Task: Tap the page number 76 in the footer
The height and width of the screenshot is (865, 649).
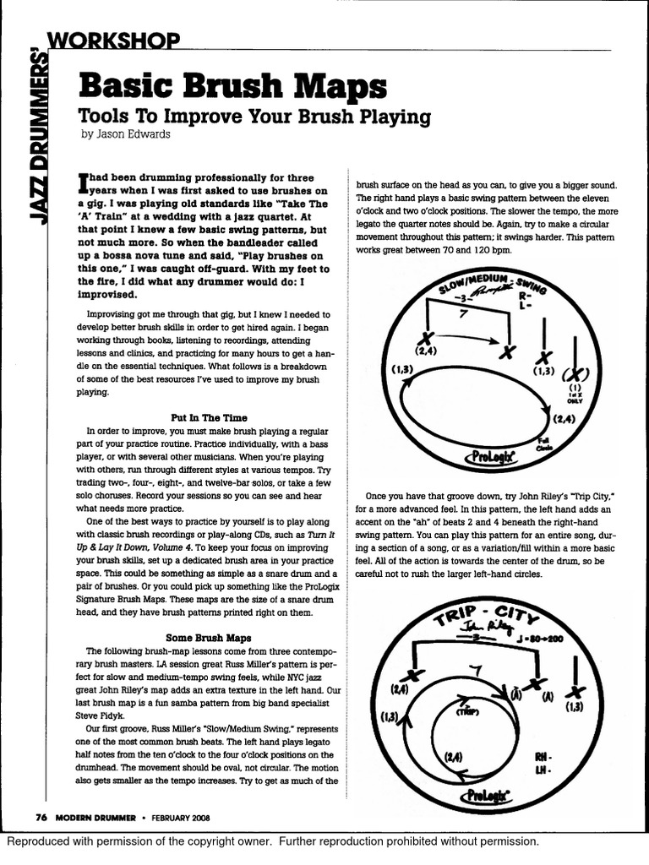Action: [x=40, y=817]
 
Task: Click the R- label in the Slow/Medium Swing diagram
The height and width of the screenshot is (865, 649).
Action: [x=524, y=296]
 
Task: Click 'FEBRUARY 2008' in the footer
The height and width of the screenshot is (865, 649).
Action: [x=177, y=817]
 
